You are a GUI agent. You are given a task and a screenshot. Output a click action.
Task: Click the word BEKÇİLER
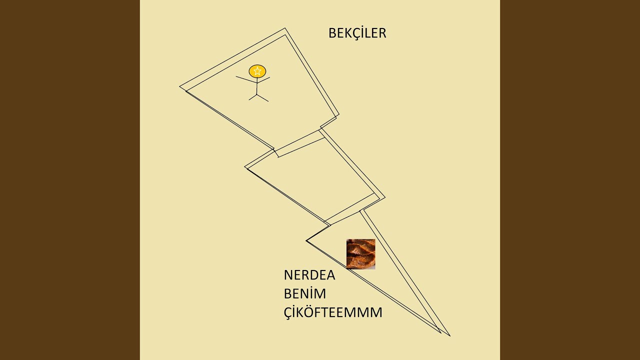click(357, 33)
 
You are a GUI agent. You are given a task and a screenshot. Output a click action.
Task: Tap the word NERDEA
click(309, 275)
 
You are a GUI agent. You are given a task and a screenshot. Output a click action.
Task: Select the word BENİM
click(305, 293)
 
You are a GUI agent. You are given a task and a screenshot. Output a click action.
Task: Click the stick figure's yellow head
click(257, 71)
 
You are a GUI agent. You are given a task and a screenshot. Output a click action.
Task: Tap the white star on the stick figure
click(257, 71)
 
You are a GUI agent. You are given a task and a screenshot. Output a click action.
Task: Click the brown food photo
click(361, 254)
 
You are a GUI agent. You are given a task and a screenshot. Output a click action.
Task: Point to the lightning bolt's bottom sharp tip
click(450, 336)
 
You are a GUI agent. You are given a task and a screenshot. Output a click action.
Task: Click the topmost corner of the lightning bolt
click(285, 28)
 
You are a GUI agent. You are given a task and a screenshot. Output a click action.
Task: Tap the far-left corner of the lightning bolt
click(179, 86)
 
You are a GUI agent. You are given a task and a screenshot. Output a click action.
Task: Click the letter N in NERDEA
click(288, 275)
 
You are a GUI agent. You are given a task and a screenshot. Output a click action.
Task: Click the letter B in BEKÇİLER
click(332, 33)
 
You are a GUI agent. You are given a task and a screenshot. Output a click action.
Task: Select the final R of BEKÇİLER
click(382, 33)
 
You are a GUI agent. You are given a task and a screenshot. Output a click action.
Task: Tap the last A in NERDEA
click(330, 275)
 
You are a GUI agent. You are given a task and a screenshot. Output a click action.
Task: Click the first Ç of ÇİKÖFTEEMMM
click(288, 313)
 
